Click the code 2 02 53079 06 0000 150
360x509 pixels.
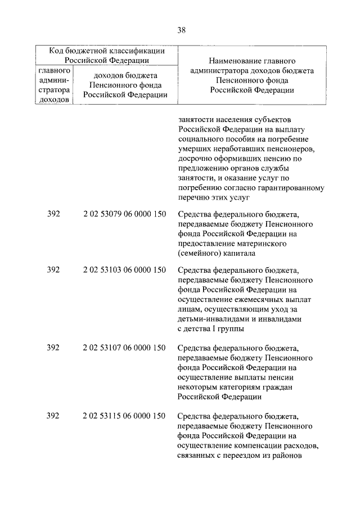(x=124, y=214)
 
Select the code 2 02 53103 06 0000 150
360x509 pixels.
(x=124, y=270)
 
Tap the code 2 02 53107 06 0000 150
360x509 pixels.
(x=124, y=348)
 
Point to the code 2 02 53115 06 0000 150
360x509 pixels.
(x=124, y=416)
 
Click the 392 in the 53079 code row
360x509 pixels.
(x=53, y=214)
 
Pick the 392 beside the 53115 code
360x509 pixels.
(x=53, y=416)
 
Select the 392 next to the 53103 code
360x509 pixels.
(x=53, y=270)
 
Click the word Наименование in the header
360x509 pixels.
(x=231, y=60)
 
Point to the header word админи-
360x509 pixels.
(x=54, y=80)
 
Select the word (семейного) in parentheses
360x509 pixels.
(x=198, y=254)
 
